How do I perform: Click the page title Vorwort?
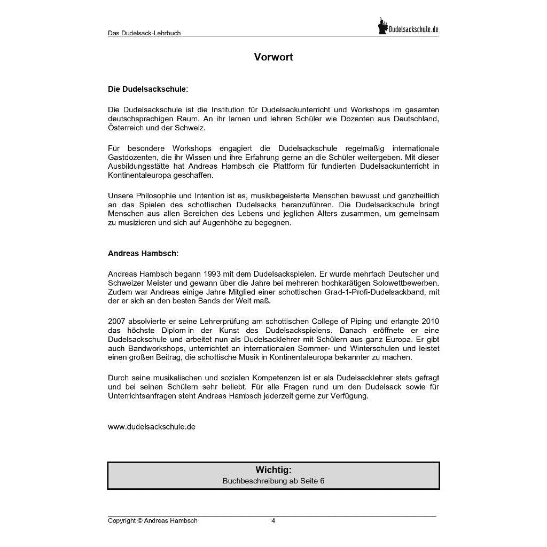(273, 57)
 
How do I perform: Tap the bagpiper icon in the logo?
(382, 26)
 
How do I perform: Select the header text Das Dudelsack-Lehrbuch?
(144, 33)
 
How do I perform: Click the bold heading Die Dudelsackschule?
(148, 89)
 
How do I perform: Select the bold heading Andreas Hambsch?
(143, 253)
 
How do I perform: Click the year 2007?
(116, 322)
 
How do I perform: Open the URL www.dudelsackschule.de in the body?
(152, 427)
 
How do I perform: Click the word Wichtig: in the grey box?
(273, 470)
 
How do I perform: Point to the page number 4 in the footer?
(273, 521)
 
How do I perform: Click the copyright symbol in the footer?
(140, 521)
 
